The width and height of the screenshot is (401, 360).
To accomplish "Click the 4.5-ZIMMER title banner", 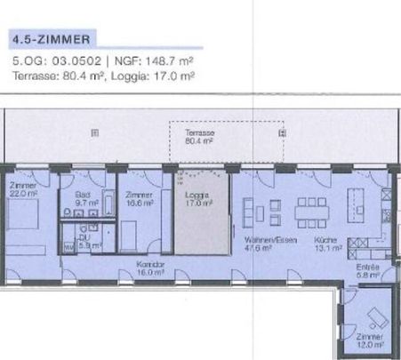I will tap(52, 39).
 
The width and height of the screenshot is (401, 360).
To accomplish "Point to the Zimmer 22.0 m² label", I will tap(24, 188).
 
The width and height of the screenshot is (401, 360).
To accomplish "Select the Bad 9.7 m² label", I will tap(84, 198).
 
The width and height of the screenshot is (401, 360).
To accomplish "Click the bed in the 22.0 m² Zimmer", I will tap(27, 220).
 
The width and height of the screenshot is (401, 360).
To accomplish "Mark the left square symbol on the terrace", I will tap(92, 132).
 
